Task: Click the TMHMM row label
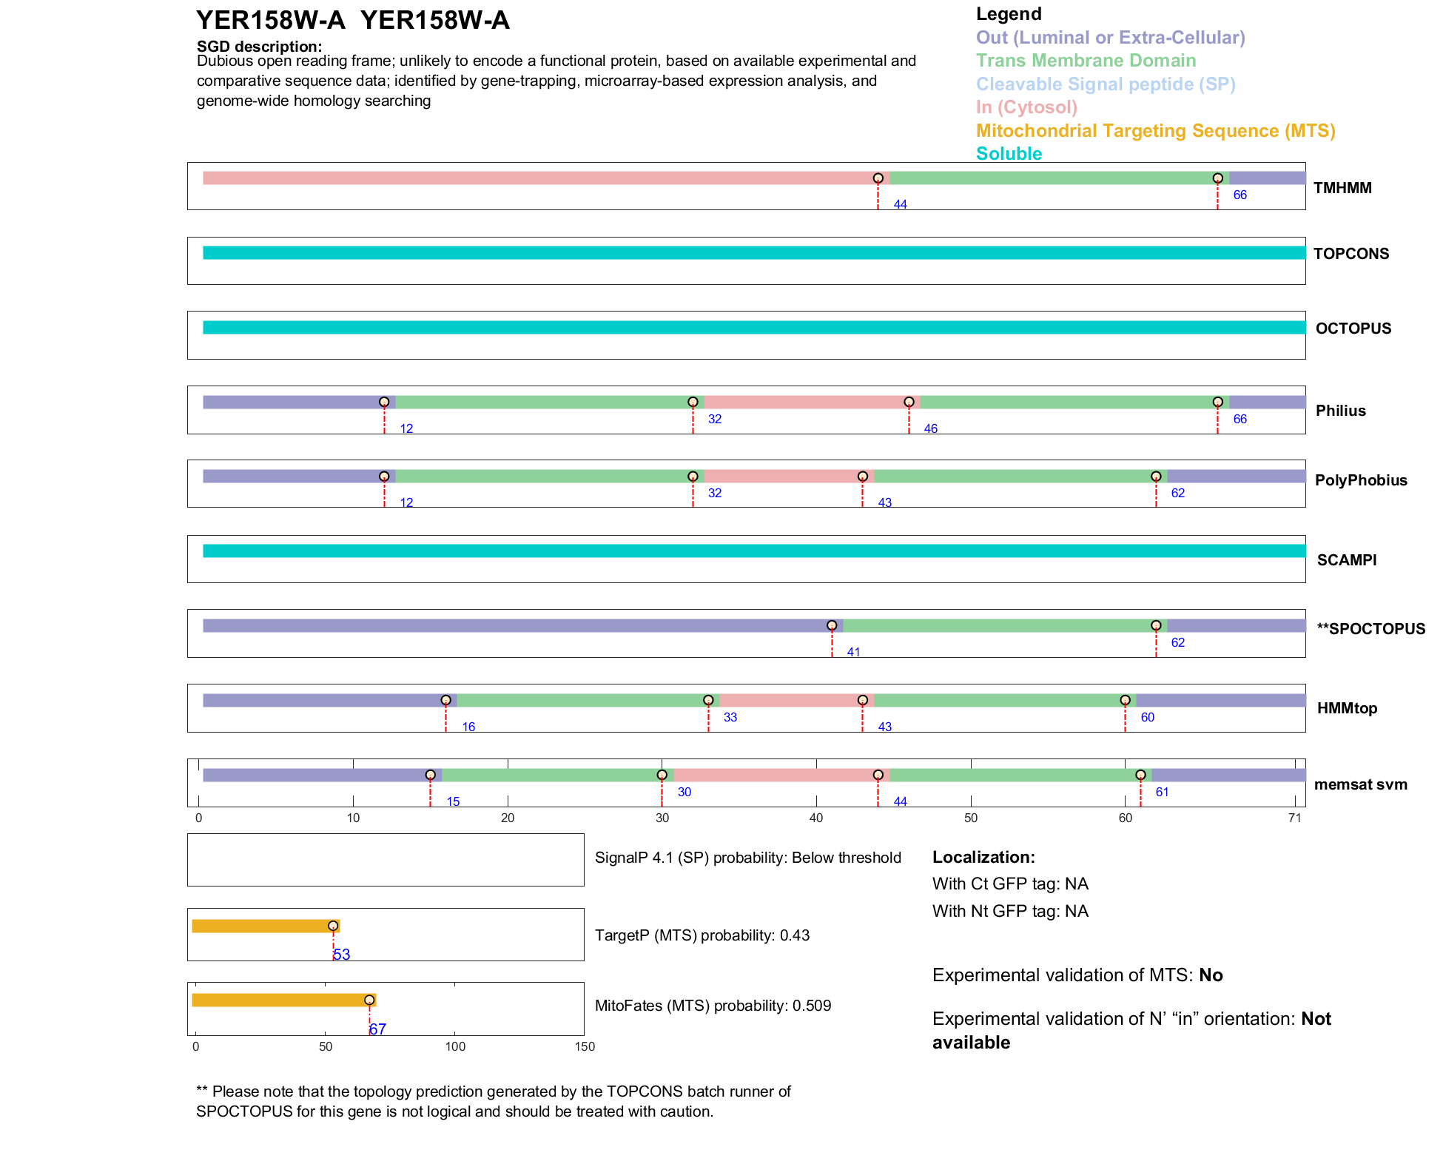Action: pyautogui.click(x=1342, y=188)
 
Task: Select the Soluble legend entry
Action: pyautogui.click(x=1008, y=154)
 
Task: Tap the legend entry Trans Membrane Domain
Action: pyautogui.click(x=1085, y=61)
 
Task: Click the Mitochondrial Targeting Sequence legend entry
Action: pyautogui.click(x=1154, y=131)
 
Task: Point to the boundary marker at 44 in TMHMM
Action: pyautogui.click(x=878, y=178)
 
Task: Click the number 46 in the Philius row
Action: pyautogui.click(x=930, y=429)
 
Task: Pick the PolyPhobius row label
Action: pyautogui.click(x=1360, y=480)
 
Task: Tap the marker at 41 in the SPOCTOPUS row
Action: pyautogui.click(x=832, y=626)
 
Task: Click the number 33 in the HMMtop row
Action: pyautogui.click(x=730, y=717)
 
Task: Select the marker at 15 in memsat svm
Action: pyautogui.click(x=430, y=775)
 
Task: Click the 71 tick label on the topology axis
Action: pyautogui.click(x=1294, y=818)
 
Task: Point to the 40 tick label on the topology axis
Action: pyautogui.click(x=816, y=818)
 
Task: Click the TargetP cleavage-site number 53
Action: pyautogui.click(x=341, y=955)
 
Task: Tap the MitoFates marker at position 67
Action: pyautogui.click(x=369, y=1000)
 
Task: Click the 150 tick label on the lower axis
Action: pyautogui.click(x=585, y=1046)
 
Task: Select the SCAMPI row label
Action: pyautogui.click(x=1346, y=560)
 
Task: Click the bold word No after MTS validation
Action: pyautogui.click(x=1211, y=975)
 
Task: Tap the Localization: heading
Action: pyautogui.click(x=983, y=858)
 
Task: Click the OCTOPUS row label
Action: pyautogui.click(x=1353, y=329)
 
